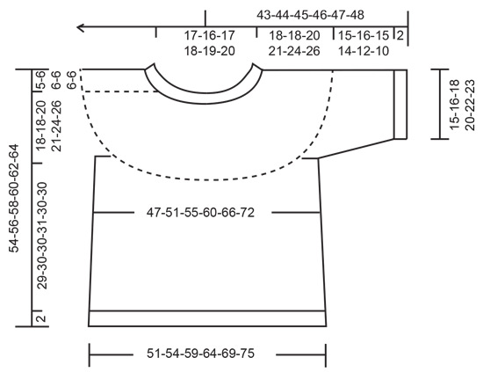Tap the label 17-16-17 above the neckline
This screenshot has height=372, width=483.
click(x=209, y=36)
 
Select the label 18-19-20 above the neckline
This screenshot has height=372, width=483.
click(x=209, y=51)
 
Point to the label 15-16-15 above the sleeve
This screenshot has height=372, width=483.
click(x=364, y=36)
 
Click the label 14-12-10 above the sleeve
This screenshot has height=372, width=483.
click(x=364, y=51)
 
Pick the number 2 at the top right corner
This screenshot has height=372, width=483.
click(x=400, y=36)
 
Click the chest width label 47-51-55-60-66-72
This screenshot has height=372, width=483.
click(x=207, y=213)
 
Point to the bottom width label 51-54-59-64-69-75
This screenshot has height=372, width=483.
click(x=207, y=354)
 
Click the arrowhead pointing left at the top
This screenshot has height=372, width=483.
click(x=82, y=29)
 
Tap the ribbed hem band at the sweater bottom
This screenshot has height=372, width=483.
click(x=207, y=318)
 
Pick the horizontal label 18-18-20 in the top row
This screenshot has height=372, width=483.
click(x=294, y=36)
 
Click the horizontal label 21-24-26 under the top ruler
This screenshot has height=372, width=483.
click(x=294, y=51)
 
